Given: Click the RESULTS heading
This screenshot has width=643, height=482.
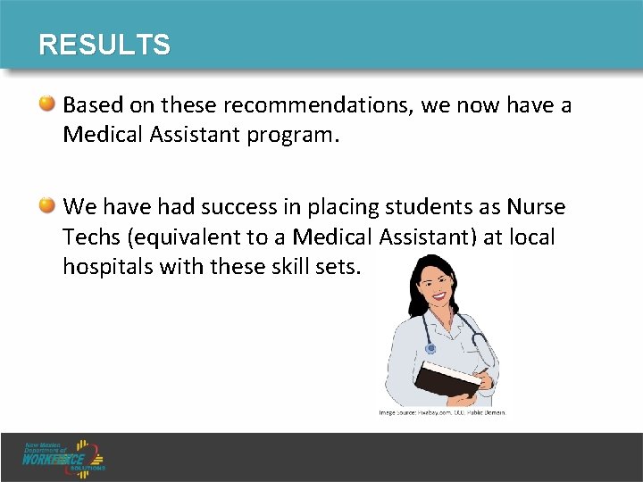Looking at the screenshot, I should pyautogui.click(x=104, y=45).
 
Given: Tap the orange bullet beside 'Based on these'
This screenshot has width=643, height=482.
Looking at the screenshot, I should pyautogui.click(x=49, y=105).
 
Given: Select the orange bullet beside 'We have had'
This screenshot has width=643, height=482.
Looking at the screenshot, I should pyautogui.click(x=49, y=207).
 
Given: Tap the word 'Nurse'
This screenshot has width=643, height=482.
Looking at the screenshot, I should pyautogui.click(x=535, y=207).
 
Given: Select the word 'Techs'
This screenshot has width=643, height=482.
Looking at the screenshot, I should pyautogui.click(x=91, y=237).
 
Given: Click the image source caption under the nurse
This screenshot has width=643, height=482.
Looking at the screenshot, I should pyautogui.click(x=442, y=412).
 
